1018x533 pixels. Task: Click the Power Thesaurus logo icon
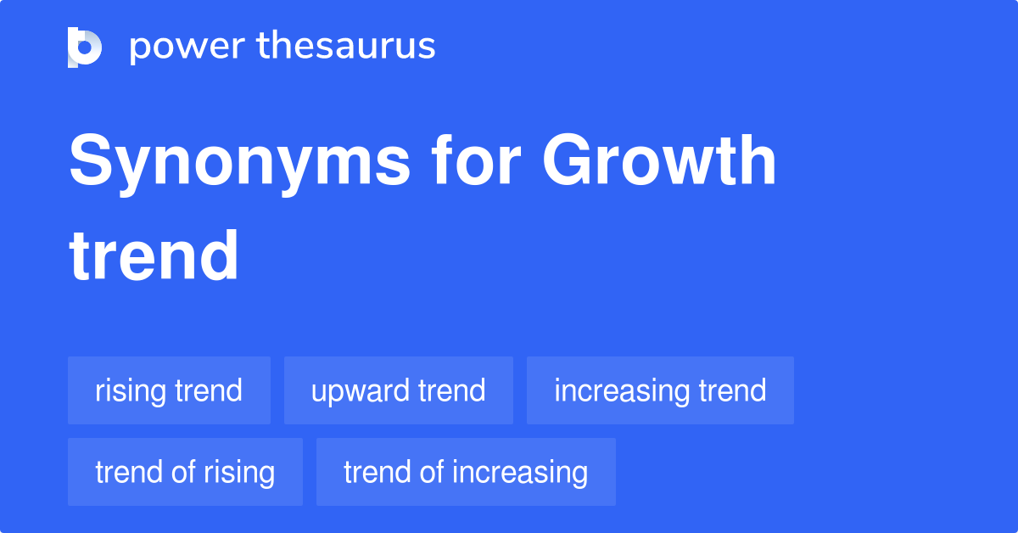pos(85,47)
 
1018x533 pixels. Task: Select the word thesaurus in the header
pos(346,47)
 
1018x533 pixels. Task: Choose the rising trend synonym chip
pos(169,390)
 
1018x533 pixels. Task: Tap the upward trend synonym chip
pos(398,390)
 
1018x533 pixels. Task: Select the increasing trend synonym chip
pos(660,390)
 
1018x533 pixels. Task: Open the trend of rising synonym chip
pos(185,472)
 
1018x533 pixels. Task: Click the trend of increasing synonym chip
pos(466,472)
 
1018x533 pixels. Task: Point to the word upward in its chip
pos(361,390)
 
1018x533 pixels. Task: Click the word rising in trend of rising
pos(239,472)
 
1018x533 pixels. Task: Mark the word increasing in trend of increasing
pos(520,472)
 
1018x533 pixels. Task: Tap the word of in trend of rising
pos(182,472)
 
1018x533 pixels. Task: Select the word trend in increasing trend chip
pos(732,390)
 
